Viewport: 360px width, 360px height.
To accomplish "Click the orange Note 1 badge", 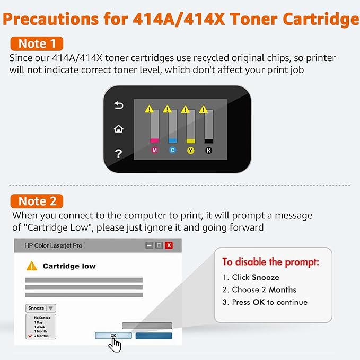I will pos(37,43).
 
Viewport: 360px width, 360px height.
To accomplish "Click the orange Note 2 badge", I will pos(37,201).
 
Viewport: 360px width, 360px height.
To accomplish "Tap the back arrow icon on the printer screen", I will pos(119,106).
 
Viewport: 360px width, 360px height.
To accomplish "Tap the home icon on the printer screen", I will pos(119,129).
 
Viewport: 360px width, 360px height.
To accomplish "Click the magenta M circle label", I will pos(155,151).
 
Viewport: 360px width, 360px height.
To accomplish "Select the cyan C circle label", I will pos(172,151).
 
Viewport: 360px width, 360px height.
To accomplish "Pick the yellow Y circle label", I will pos(190,151).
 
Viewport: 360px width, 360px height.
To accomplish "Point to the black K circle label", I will pos(208,151).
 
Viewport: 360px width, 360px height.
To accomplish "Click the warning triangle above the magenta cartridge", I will pos(150,109).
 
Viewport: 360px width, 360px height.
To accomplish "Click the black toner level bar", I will pos(208,127).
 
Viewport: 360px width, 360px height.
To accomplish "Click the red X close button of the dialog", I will pos(169,245).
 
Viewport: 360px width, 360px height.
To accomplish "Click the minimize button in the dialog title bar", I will pos(150,245).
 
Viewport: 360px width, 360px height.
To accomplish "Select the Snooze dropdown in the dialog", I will pos(40,308).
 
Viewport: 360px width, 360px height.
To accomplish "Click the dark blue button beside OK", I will pos(154,336).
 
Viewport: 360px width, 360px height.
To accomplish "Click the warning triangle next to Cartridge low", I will pos(32,266).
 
